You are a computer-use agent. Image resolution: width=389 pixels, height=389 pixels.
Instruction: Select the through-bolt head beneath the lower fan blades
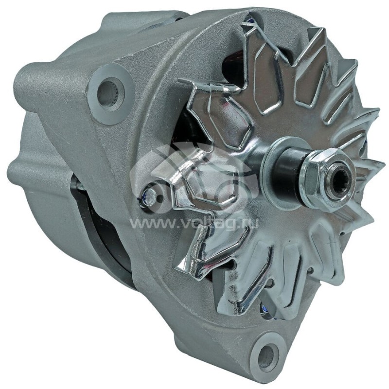click(x=265, y=307)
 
